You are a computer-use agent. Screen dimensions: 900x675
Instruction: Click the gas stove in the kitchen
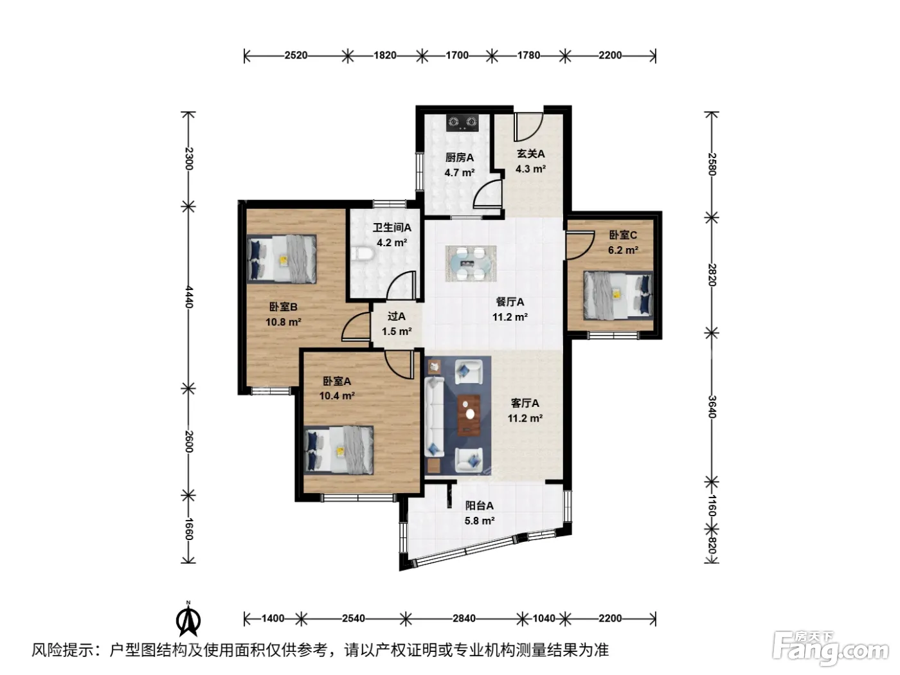462,123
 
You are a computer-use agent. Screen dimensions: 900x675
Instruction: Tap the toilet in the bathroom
362,254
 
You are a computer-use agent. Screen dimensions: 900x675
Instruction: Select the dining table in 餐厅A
471,264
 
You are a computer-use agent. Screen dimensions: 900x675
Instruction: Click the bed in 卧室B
282,258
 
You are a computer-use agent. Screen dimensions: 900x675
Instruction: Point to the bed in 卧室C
618,295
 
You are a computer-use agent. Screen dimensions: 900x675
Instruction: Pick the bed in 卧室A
339,450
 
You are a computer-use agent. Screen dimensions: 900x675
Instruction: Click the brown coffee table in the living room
469,415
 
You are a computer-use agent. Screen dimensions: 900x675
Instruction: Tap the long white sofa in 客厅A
434,417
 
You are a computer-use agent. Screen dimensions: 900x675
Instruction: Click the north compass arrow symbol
188,620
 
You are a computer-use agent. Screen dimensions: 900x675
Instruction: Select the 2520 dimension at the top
296,55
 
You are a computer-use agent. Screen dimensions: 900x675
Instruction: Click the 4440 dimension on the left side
188,297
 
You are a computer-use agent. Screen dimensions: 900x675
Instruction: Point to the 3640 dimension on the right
712,407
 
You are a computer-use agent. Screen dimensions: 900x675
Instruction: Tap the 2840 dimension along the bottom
464,618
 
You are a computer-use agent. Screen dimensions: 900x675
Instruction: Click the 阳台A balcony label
480,506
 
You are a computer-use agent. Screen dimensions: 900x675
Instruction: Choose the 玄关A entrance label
530,154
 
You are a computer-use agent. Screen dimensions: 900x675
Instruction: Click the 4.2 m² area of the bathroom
392,242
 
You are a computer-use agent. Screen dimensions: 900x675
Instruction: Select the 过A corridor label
397,316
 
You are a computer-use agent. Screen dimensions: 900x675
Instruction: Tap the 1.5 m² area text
397,331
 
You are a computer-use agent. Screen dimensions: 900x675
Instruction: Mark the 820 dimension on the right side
712,545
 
